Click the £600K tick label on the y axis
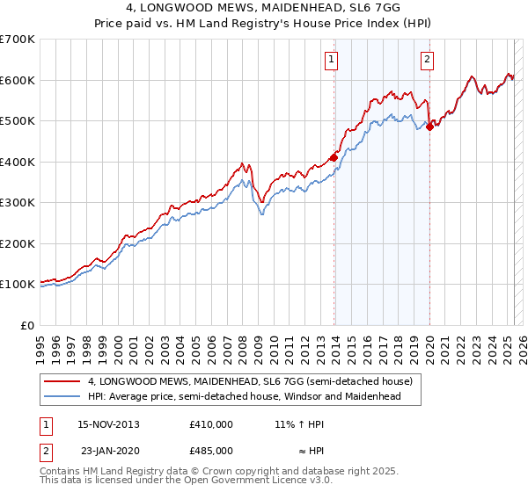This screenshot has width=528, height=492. point(17,80)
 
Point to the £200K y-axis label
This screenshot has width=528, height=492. point(17,243)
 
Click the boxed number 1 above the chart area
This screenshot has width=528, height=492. point(331,60)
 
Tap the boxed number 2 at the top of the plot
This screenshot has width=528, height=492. point(426,60)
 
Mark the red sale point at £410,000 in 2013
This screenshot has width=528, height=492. point(334,158)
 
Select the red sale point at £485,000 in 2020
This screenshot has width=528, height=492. point(429,127)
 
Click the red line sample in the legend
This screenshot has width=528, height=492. point(62,382)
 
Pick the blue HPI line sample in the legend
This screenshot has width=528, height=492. point(62,396)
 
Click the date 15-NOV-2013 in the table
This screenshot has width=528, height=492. point(109,423)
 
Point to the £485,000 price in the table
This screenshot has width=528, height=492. point(211,450)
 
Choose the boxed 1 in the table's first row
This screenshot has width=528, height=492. point(46,423)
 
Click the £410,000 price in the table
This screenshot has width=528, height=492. point(211,423)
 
